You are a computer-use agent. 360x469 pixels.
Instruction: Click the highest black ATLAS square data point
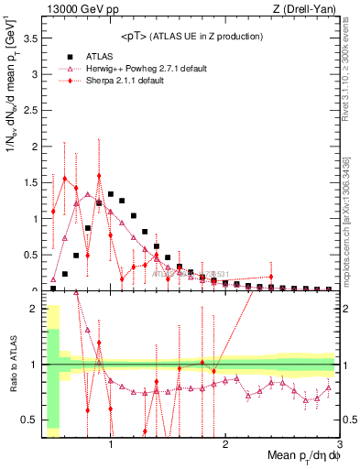click(111, 194)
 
